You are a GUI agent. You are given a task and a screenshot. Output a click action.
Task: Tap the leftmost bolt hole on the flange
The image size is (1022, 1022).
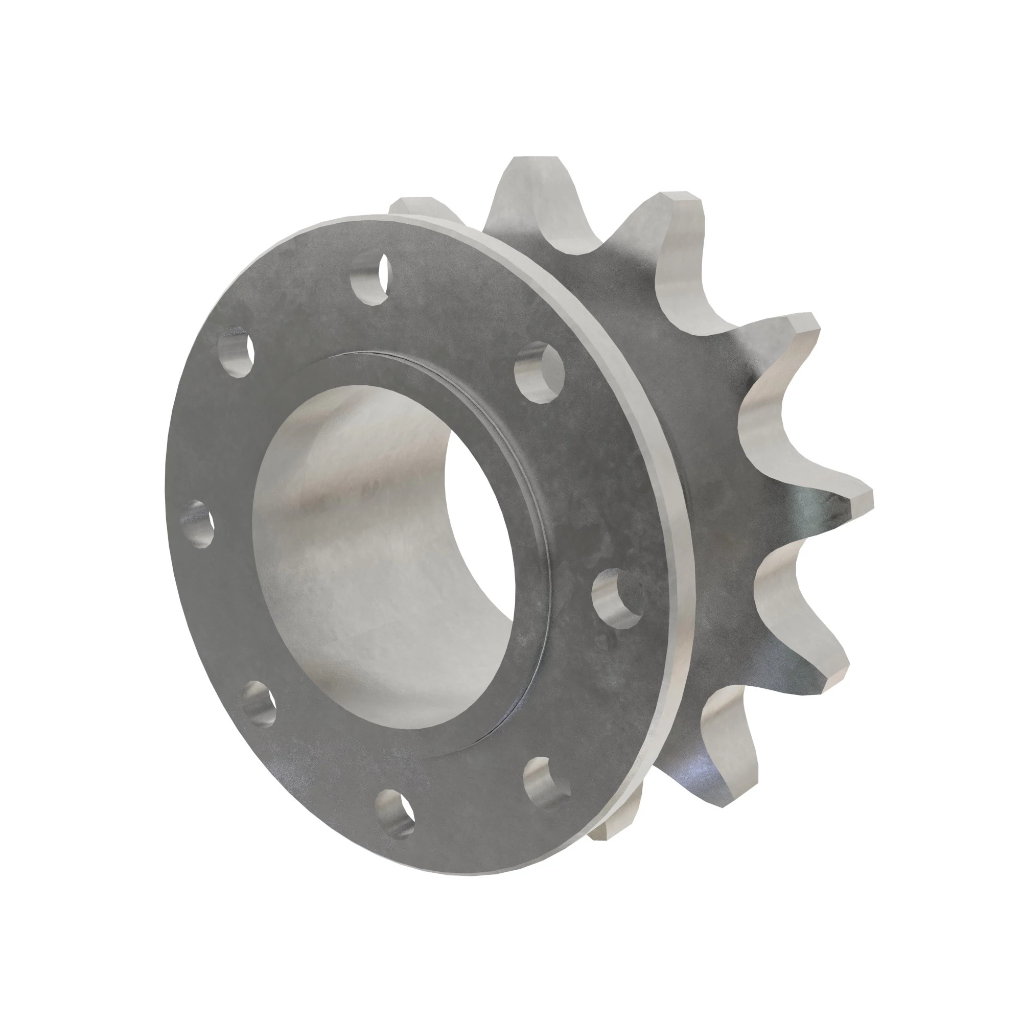197,523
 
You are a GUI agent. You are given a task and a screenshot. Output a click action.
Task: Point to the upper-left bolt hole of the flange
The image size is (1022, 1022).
235,351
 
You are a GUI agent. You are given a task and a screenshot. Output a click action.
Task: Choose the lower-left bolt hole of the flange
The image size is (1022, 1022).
260,702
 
